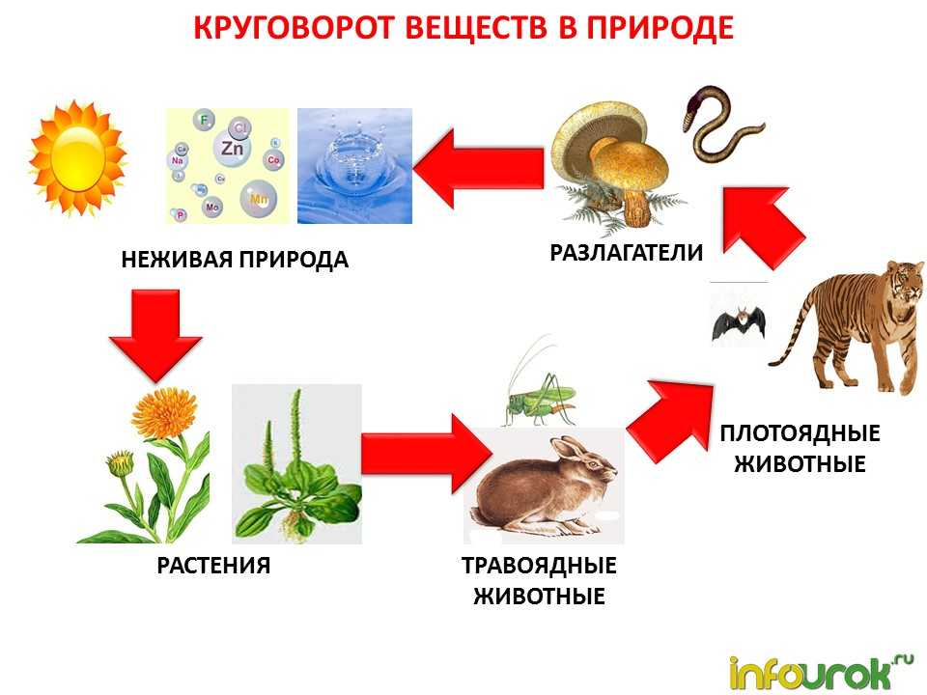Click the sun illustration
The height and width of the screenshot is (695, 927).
coord(77,158)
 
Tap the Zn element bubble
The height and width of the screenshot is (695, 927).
coord(232,147)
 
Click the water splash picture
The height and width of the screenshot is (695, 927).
coord(354,166)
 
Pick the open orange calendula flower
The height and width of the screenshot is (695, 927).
coord(164,412)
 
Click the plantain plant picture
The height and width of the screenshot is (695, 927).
coord(296,464)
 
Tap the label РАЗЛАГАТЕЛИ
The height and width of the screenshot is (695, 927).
coord(627,252)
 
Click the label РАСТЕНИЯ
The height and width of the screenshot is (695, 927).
coord(213,566)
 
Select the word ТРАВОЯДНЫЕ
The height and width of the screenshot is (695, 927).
coord(539,566)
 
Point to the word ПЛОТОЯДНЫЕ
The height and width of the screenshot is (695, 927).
coord(800,433)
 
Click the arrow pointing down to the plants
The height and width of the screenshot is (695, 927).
coord(156,335)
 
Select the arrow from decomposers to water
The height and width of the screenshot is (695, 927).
coord(478,168)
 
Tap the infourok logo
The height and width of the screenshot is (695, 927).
coord(822,672)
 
